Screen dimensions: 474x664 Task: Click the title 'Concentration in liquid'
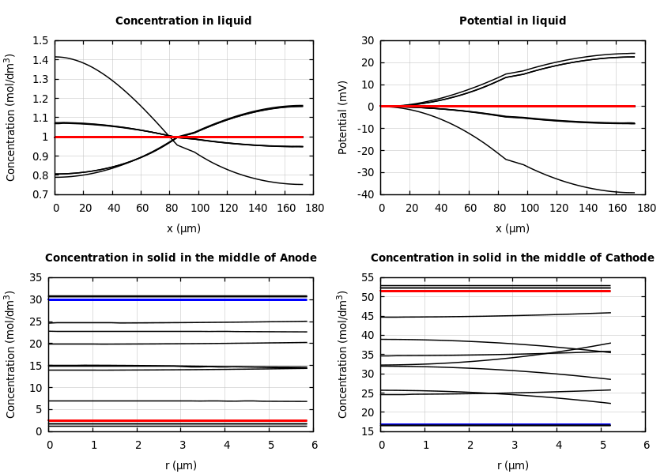(183, 21)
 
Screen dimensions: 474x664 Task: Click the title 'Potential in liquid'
(512, 21)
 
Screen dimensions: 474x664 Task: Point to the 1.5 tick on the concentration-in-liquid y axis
(40, 40)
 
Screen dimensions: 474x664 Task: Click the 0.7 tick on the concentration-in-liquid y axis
(40, 194)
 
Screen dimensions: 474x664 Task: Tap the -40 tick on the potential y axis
(365, 194)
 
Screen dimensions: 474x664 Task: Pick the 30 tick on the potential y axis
(368, 40)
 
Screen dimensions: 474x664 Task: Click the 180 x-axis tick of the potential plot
(646, 208)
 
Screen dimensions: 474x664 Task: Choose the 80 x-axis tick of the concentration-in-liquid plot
(171, 208)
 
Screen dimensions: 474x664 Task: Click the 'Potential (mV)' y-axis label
(343, 117)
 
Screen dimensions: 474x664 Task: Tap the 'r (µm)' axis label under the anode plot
(181, 465)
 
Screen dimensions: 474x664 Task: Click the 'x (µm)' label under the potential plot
(512, 228)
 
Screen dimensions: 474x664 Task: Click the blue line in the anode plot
(178, 299)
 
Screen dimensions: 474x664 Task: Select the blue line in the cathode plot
(496, 424)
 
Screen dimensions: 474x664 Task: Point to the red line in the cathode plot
(496, 291)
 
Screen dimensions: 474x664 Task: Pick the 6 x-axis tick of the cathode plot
(646, 445)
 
